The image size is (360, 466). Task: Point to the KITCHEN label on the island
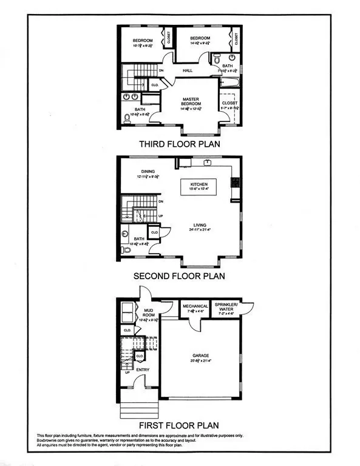[x=199, y=184]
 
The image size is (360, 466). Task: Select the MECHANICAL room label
[x=195, y=306]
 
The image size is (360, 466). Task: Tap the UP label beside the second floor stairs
[x=161, y=215]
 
